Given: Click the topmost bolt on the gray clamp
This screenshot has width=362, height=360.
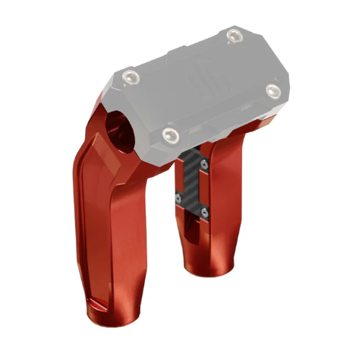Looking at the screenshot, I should tap(233, 33).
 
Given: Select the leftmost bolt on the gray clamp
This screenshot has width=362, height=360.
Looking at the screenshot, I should tap(134, 76).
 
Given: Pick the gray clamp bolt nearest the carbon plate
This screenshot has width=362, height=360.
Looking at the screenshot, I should tap(170, 135).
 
